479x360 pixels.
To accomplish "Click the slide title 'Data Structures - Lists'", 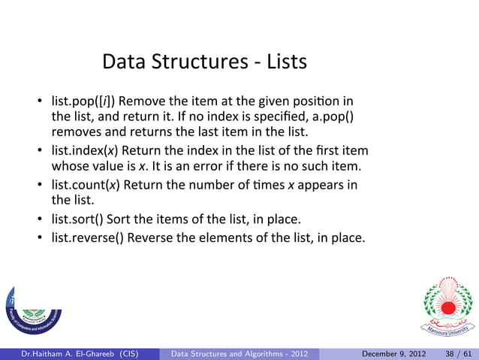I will [204, 61].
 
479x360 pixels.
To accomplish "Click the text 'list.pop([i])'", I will [83, 101].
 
